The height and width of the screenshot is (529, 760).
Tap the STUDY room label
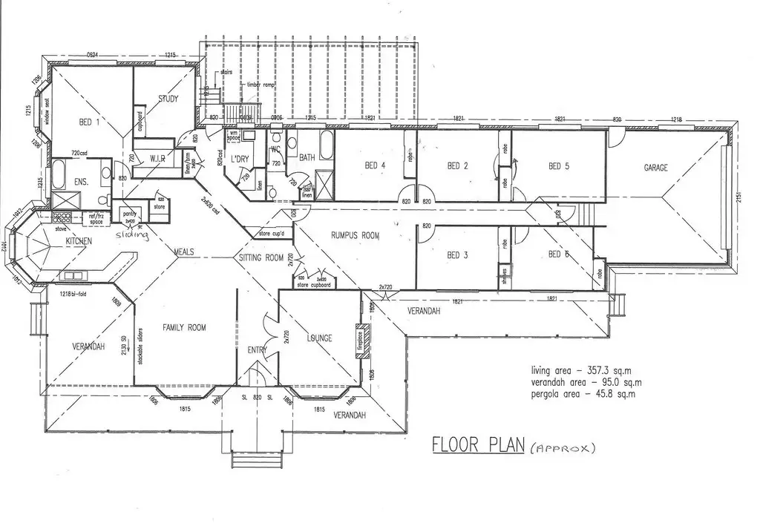[169, 99]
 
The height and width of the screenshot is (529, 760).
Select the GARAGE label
[655, 168]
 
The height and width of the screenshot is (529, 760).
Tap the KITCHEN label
[79, 243]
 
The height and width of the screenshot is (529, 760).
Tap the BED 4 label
[375, 165]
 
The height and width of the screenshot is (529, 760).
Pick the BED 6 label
[557, 255]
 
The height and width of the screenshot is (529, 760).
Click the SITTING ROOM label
[261, 258]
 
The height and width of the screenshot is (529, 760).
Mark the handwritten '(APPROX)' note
[563, 448]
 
